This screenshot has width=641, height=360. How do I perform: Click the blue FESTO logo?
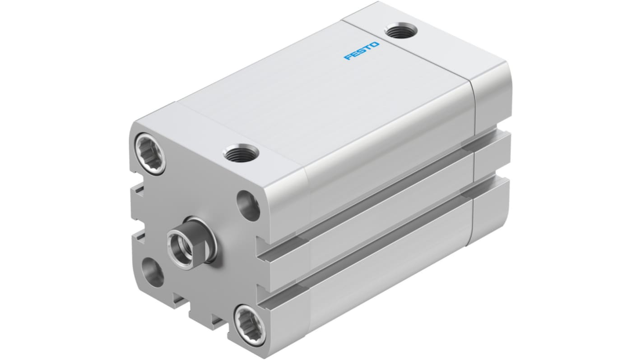click(x=362, y=51)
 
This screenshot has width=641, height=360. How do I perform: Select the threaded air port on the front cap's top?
click(x=241, y=154)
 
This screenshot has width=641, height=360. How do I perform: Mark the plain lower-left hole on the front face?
click(x=152, y=272)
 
